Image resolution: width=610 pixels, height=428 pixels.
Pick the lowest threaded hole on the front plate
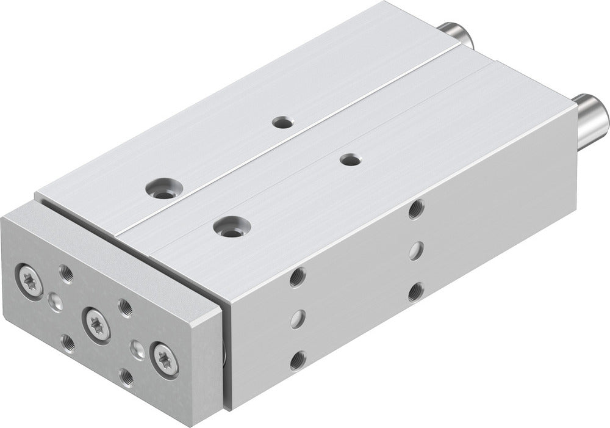127,377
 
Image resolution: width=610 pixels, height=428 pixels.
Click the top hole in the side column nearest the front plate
297,277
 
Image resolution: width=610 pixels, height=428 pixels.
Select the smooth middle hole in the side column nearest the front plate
297,318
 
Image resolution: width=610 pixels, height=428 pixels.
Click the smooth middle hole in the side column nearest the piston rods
416,250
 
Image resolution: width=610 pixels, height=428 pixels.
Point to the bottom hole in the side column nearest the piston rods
415,292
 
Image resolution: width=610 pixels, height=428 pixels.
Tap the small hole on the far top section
281,122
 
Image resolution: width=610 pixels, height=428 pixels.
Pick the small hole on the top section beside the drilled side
349,160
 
